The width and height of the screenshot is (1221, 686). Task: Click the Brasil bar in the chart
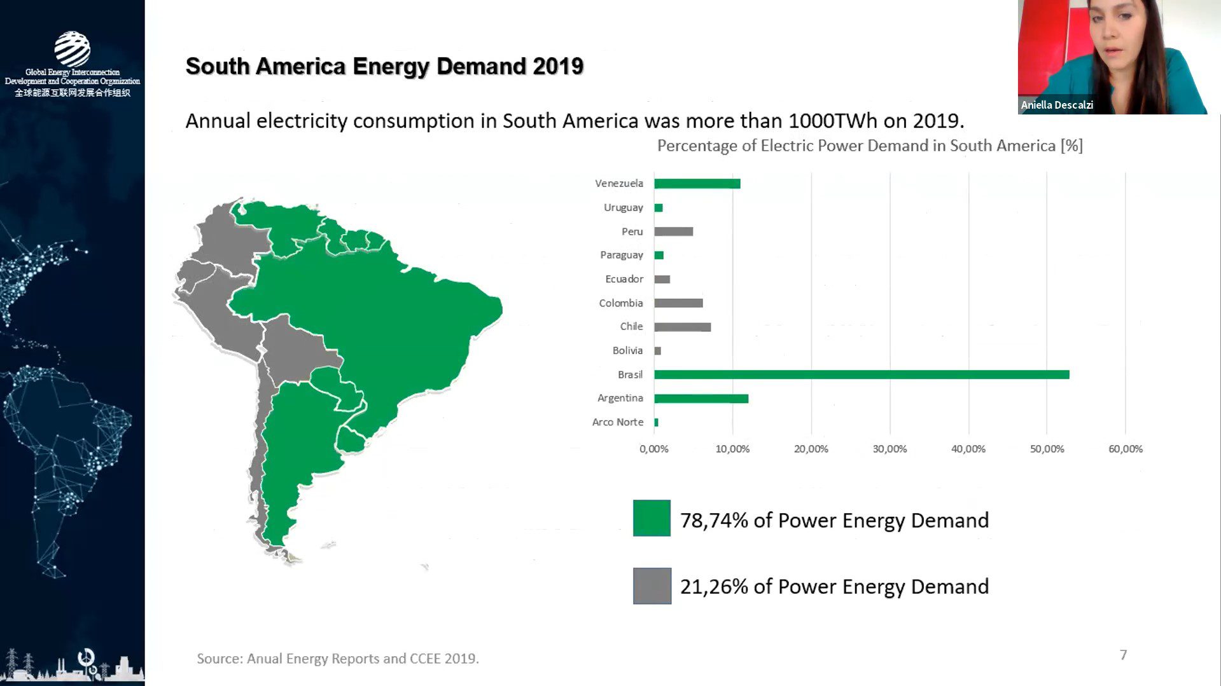861,374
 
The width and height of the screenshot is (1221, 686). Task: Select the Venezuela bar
697,184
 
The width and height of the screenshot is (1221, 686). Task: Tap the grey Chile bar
682,327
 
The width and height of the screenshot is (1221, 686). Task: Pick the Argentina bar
701,399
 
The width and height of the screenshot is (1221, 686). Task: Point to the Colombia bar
678,303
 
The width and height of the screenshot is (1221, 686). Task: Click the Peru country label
632,231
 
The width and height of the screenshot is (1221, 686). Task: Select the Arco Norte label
617,422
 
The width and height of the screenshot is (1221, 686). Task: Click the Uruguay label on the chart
623,207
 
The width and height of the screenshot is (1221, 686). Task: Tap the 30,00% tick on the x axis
890,449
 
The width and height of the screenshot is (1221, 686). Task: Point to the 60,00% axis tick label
1125,449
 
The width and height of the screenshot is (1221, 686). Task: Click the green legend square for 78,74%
652,518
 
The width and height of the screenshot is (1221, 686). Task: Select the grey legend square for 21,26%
652,586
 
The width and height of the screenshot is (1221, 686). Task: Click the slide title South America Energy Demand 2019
384,66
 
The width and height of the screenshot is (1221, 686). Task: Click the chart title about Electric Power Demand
869,146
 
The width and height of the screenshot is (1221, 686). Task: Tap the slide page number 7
1123,655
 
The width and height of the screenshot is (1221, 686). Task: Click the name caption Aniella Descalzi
1056,105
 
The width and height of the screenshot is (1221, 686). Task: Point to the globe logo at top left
72,49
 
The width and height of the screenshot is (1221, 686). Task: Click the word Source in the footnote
218,659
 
